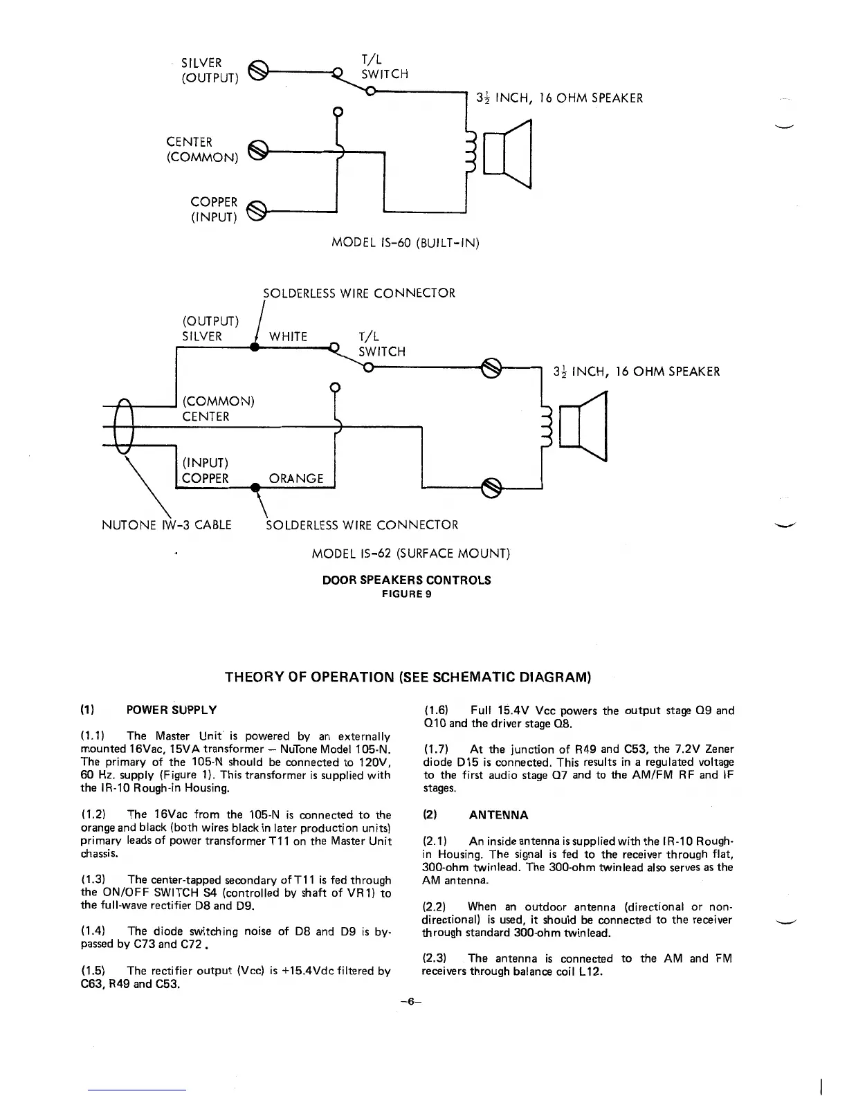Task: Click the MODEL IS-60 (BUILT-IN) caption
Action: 406,243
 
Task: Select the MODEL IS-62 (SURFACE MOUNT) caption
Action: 411,554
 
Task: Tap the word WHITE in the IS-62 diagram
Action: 288,336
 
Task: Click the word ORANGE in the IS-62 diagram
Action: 295,478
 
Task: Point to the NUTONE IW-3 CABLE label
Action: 166,524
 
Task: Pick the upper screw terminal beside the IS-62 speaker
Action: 491,366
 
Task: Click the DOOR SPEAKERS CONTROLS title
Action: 407,580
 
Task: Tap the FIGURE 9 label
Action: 407,594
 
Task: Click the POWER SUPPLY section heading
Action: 172,710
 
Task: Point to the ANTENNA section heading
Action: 498,815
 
